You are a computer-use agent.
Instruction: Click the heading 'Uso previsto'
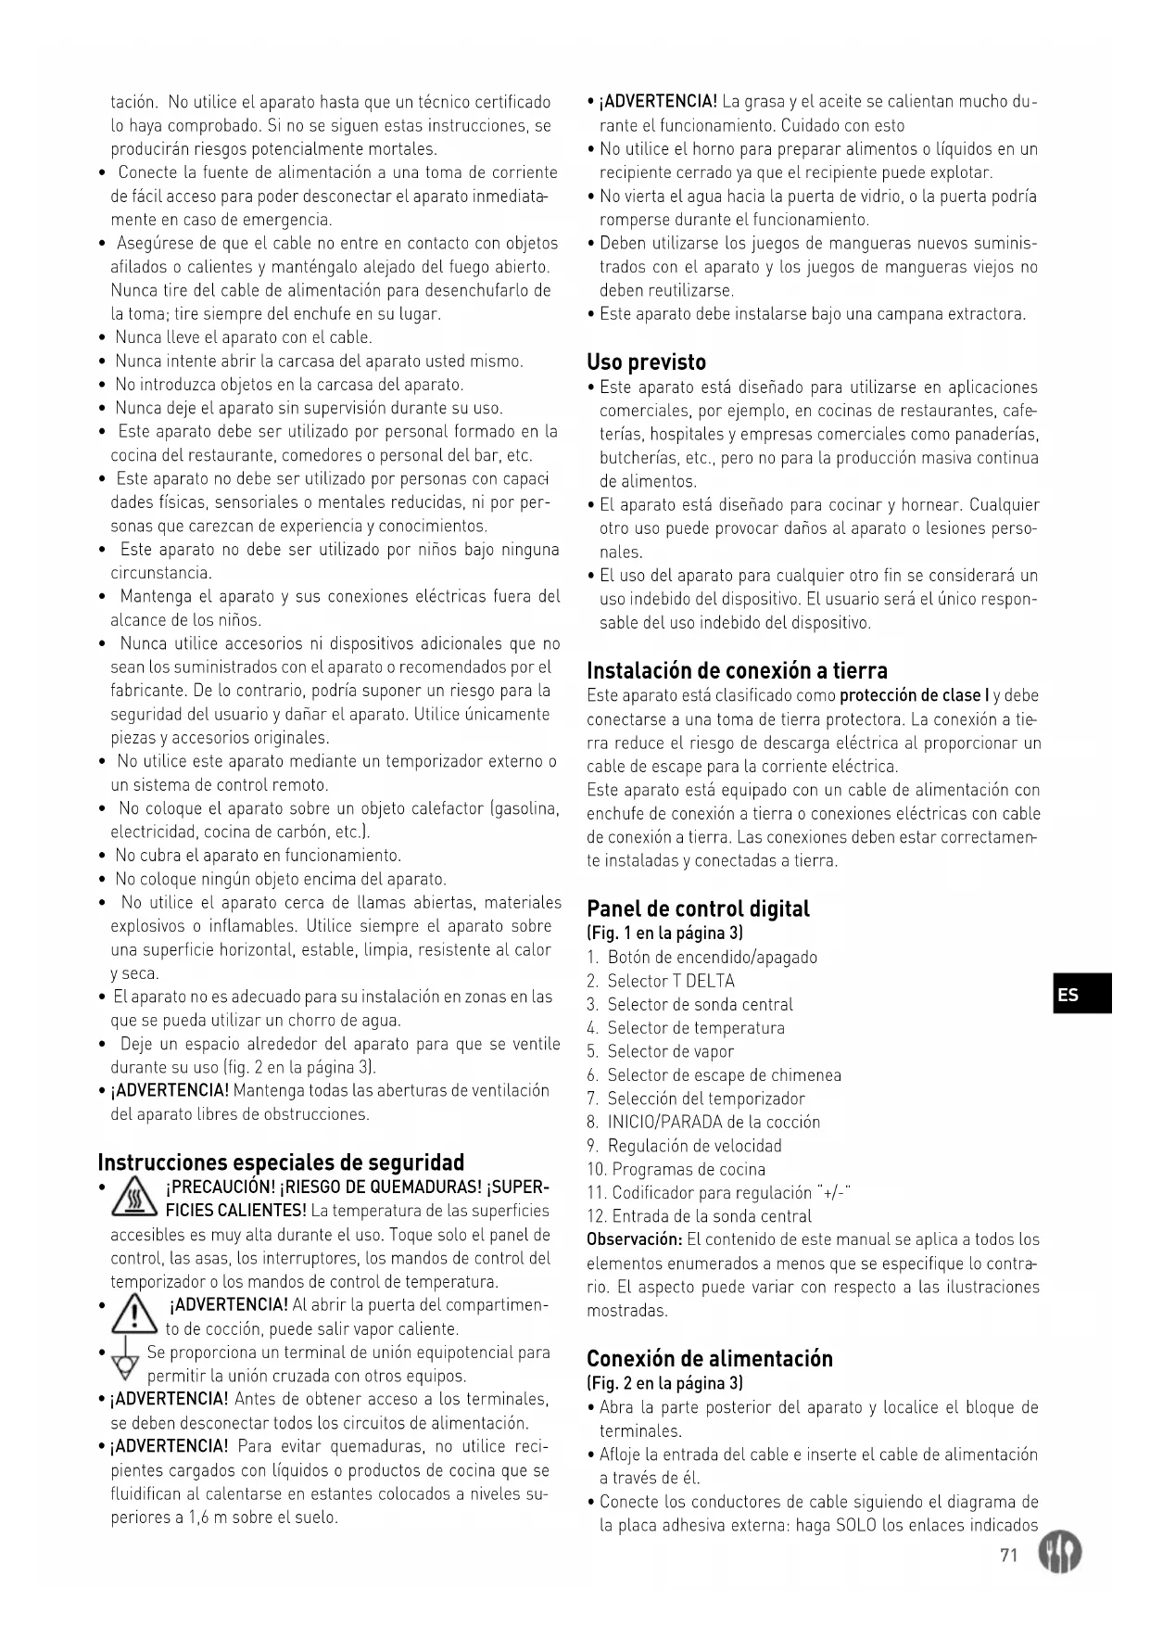(x=646, y=362)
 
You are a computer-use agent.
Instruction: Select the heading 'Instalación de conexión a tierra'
(x=737, y=670)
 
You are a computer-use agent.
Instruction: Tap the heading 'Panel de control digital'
(x=698, y=908)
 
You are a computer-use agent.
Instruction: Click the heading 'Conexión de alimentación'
(x=709, y=1358)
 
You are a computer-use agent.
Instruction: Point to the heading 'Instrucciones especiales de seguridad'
(x=281, y=1162)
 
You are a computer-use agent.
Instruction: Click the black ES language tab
(x=1080, y=995)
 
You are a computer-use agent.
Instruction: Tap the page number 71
(x=1008, y=1555)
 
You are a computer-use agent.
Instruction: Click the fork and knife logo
(x=1060, y=1553)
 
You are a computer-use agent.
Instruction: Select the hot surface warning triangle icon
(x=133, y=1200)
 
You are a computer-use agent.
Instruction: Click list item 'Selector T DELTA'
(x=670, y=981)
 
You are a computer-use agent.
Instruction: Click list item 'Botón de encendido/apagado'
(x=712, y=958)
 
